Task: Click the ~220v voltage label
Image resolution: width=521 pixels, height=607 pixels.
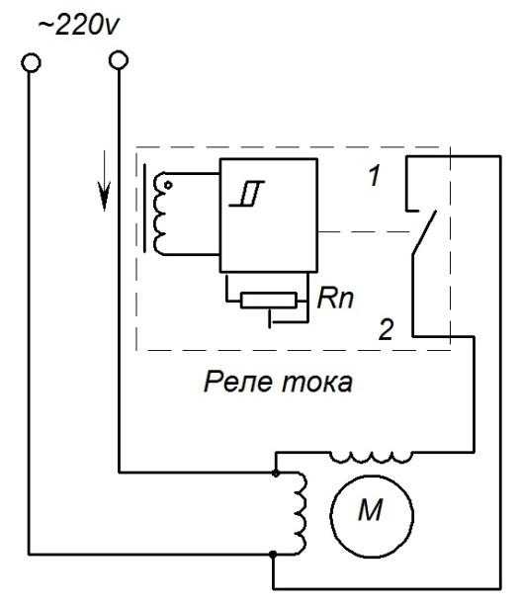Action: [78, 26]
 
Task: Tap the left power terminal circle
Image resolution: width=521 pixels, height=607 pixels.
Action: [31, 62]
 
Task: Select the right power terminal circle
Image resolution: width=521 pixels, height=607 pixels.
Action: [119, 60]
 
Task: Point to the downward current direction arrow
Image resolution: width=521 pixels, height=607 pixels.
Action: [104, 181]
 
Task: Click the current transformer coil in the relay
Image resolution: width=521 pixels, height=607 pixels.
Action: [159, 214]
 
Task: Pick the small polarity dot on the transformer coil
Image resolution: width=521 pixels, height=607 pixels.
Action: [168, 186]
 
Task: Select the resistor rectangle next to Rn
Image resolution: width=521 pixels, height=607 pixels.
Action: [269, 301]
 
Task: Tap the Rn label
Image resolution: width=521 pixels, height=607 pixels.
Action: [335, 299]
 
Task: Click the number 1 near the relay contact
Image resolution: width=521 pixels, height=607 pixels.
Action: [374, 175]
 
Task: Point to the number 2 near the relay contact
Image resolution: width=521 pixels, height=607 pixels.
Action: [386, 329]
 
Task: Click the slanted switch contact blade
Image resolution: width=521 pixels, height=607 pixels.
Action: [424, 232]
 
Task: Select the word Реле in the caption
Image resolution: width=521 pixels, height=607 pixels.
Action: [237, 382]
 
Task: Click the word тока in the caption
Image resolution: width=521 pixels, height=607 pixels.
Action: [317, 383]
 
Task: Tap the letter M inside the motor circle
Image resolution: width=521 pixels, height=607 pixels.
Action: [371, 510]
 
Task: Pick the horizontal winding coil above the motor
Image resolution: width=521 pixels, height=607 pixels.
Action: [371, 457]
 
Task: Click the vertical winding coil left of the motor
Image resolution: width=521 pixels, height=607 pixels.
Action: [301, 513]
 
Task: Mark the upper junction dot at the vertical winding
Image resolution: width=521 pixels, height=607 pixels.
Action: [276, 474]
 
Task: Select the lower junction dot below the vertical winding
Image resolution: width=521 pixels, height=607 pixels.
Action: [273, 555]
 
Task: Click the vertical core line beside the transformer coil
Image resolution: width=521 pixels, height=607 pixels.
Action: [145, 209]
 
